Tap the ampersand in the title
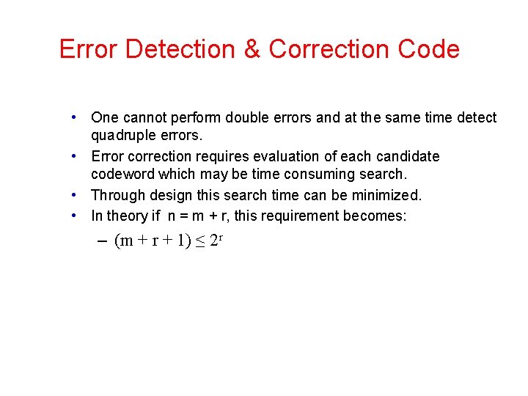[252, 49]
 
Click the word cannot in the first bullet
[144, 117]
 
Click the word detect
[476, 117]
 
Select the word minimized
[389, 196]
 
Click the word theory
[127, 216]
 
